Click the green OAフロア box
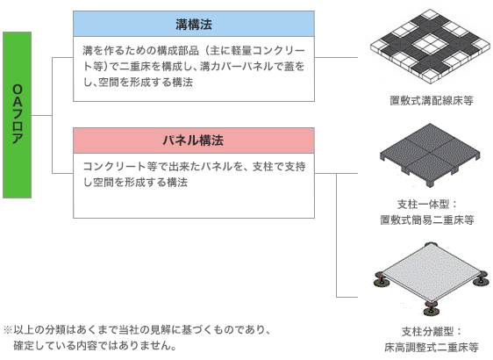pyautogui.click(x=18, y=115)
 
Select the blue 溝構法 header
pyautogui.click(x=194, y=24)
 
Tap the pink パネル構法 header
pyautogui.click(x=194, y=140)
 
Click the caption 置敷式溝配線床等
pyautogui.click(x=432, y=101)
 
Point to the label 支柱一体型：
pyautogui.click(x=427, y=205)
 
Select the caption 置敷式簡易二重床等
pyautogui.click(x=427, y=220)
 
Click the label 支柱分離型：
pyautogui.click(x=432, y=331)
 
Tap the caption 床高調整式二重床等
pyautogui.click(x=432, y=347)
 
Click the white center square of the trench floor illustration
pyautogui.click(x=430, y=45)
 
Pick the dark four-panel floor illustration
pyautogui.click(x=430, y=155)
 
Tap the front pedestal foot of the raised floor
pyautogui.click(x=432, y=308)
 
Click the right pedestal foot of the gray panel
pyautogui.click(x=481, y=280)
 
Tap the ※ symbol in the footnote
pyautogui.click(x=8, y=330)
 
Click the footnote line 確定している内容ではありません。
pyautogui.click(x=95, y=346)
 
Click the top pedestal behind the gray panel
pyautogui.click(x=430, y=244)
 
